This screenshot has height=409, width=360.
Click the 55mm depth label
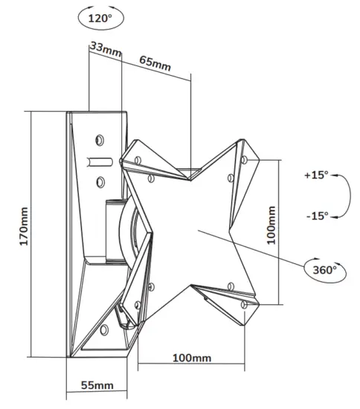(97, 384)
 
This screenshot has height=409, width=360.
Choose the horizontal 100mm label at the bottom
(191, 358)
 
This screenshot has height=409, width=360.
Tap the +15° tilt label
(315, 175)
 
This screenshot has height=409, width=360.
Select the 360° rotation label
(321, 268)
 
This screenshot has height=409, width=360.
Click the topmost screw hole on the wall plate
(99, 138)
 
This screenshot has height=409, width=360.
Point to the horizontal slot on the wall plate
(100, 159)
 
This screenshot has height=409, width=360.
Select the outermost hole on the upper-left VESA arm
(138, 160)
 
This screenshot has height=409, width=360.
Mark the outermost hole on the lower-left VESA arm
(136, 307)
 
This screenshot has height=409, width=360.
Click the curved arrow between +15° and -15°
(347, 195)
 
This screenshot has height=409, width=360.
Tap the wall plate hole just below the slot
(99, 178)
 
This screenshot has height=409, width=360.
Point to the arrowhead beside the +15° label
(335, 176)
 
